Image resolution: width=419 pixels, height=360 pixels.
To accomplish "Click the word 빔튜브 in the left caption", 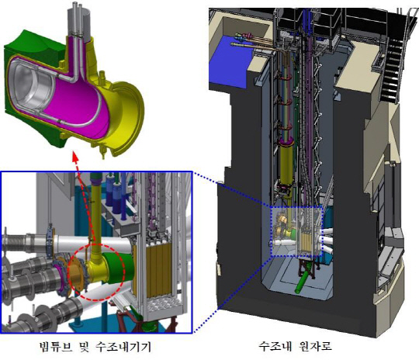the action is coord(55,347).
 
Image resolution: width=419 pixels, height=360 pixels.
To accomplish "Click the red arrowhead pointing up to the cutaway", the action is coord(75,157).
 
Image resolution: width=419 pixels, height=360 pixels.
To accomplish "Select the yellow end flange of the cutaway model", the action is coord(128,118).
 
